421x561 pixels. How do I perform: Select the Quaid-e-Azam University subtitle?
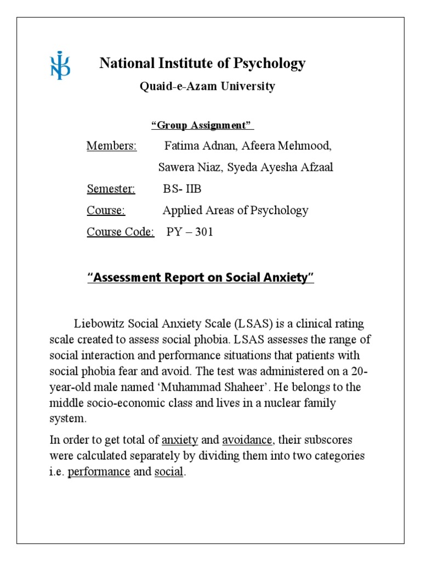pyautogui.click(x=207, y=87)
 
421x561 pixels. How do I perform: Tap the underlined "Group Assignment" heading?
pyautogui.click(x=202, y=125)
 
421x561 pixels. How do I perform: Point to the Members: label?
pyautogui.click(x=112, y=146)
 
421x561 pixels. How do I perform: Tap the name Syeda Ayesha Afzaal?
pyautogui.click(x=280, y=168)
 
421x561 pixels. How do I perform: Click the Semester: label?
pyautogui.click(x=111, y=189)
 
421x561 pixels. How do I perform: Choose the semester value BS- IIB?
pyautogui.click(x=182, y=189)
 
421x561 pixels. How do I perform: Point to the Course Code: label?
pyautogui.click(x=121, y=232)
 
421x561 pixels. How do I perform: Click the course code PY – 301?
pyautogui.click(x=190, y=232)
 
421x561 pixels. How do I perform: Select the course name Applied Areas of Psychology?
pyautogui.click(x=235, y=210)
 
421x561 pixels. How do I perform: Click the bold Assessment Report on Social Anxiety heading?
pyautogui.click(x=201, y=278)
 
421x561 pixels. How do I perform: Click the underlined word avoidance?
pyautogui.click(x=247, y=440)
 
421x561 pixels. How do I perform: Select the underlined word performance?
pyautogui.click(x=99, y=472)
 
